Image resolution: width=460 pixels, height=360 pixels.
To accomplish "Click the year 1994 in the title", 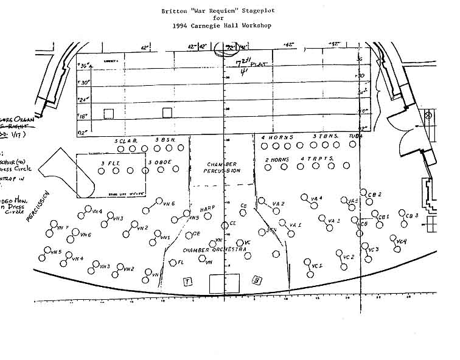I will click(x=182, y=27).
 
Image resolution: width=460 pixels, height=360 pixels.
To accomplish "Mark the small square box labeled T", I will click(x=188, y=281).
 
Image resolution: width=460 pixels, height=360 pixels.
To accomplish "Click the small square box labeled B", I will click(x=257, y=280).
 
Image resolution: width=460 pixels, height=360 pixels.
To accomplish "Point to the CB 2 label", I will click(x=375, y=195).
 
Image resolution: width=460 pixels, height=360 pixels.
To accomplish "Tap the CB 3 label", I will click(x=412, y=215).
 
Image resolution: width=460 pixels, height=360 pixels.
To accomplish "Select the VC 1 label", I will click(x=316, y=266).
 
